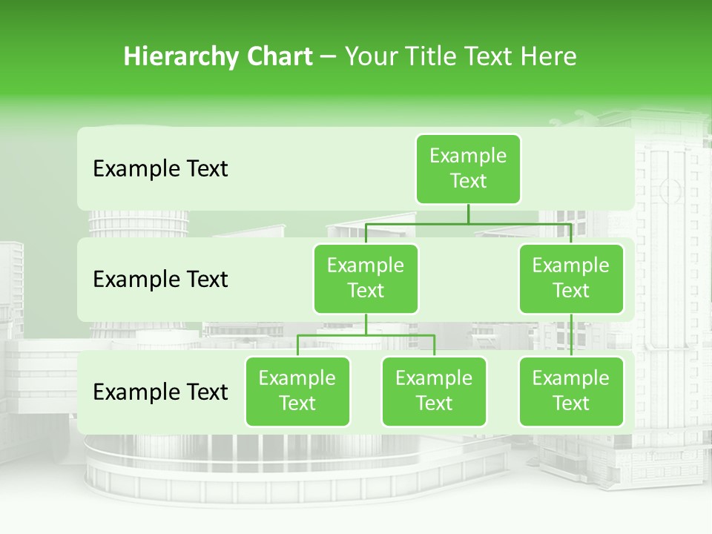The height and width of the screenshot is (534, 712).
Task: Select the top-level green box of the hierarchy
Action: (x=468, y=168)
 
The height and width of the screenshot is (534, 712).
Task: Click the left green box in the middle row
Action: (x=366, y=278)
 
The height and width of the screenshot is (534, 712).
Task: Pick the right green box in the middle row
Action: (x=571, y=278)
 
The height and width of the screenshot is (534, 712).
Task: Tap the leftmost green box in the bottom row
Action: (x=297, y=391)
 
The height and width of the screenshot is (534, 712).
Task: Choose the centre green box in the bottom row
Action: (x=434, y=391)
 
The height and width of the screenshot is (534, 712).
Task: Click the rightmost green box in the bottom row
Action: (x=571, y=391)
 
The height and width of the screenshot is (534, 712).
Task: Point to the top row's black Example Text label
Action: (x=160, y=169)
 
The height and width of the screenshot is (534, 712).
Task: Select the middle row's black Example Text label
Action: (x=160, y=280)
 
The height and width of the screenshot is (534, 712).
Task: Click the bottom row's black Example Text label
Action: (x=160, y=392)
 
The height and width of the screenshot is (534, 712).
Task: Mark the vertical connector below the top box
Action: (x=468, y=214)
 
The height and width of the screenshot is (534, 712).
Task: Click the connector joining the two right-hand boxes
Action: (x=571, y=335)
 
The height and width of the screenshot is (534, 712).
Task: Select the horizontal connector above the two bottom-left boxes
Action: (x=366, y=335)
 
